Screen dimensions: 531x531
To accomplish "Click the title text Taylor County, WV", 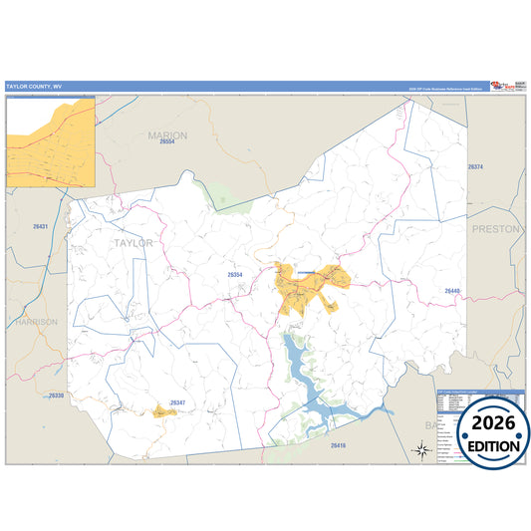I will click(x=34, y=87).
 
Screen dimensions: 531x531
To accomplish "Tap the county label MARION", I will click(x=166, y=134).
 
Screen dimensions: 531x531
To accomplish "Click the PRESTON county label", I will click(x=495, y=228).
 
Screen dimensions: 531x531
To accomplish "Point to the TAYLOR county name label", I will click(x=133, y=242).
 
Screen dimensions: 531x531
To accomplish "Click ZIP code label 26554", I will click(x=166, y=144).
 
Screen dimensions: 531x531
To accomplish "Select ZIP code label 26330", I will click(x=56, y=396).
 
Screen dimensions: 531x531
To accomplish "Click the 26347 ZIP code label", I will click(x=177, y=402).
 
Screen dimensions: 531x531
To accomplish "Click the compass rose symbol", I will click(x=421, y=450).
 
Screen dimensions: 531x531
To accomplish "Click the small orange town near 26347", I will click(x=162, y=410).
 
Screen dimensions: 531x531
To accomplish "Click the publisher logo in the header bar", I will click(x=502, y=85).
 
